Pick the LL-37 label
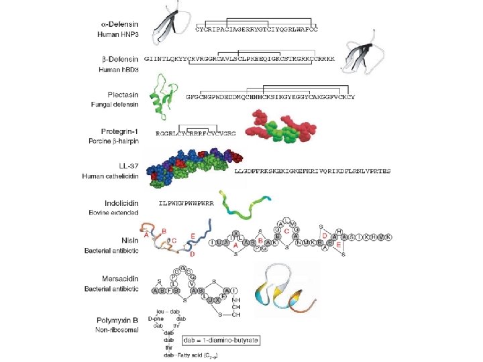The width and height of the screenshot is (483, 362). click(127, 166)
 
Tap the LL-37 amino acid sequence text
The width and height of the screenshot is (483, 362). click(313, 172)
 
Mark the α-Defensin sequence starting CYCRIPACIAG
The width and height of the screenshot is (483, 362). click(256, 29)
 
